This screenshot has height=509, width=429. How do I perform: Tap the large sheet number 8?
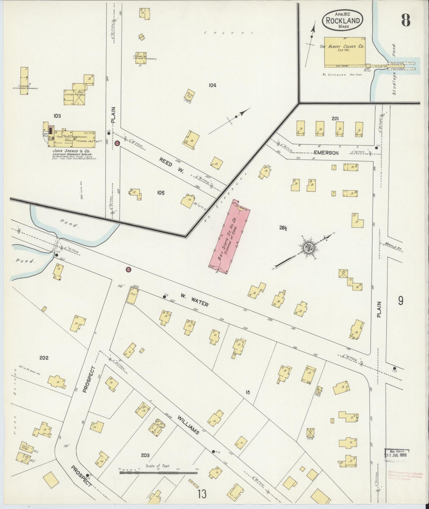tap(406, 19)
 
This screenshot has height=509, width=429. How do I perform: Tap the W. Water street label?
tap(194, 300)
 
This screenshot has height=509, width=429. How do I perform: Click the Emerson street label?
tap(326, 153)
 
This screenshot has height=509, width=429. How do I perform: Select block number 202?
tap(44, 358)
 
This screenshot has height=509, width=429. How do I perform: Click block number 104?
tap(213, 85)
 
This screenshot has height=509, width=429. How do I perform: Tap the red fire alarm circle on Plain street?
tap(117, 143)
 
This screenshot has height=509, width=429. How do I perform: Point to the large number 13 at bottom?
tap(202, 494)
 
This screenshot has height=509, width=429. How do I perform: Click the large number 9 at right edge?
tap(401, 301)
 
